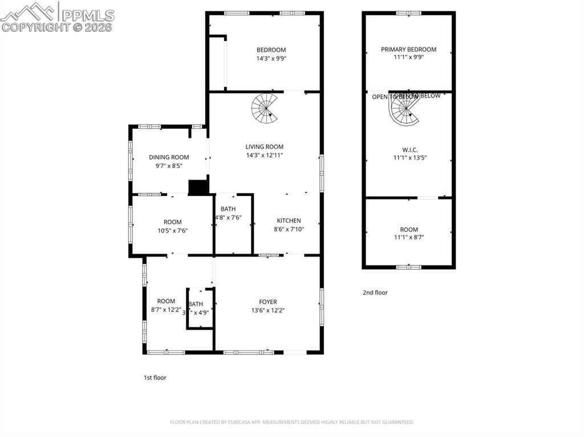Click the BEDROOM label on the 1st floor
[x=271, y=50]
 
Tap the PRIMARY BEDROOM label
[x=408, y=50]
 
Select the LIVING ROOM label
[x=264, y=147]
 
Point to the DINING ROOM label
[x=169, y=157]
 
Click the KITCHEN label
[x=289, y=221]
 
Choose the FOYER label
[x=268, y=302]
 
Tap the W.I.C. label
[x=409, y=150]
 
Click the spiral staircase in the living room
[x=265, y=109]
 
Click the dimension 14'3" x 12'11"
[x=264, y=155]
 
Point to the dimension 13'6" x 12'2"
[x=268, y=311]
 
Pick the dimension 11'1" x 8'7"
[x=409, y=238]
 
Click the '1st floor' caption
[x=155, y=377]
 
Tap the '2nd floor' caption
[x=375, y=293]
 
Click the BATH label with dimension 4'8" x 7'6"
[x=228, y=209]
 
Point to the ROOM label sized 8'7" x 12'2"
[x=166, y=301]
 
